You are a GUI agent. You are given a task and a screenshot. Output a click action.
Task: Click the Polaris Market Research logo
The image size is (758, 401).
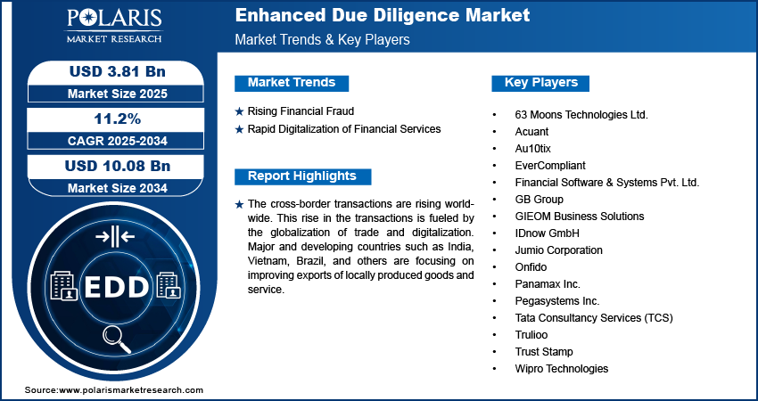(x=114, y=25)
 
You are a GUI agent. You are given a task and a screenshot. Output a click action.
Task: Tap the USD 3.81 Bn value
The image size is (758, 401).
(x=118, y=71)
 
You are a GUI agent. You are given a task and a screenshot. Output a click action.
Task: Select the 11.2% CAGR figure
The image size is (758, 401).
(x=116, y=119)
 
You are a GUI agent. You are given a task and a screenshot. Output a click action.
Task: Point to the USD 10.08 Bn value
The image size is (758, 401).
(x=118, y=166)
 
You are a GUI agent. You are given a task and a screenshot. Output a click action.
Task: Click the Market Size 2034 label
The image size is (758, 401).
(x=118, y=187)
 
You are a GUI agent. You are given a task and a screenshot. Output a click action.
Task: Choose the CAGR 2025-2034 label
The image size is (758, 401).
(x=118, y=141)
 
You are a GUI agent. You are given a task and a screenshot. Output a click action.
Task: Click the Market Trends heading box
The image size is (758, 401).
(x=292, y=83)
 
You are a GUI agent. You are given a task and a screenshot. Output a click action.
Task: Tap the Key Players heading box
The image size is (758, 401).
(x=540, y=83)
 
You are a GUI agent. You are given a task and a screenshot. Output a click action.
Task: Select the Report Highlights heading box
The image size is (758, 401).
(x=302, y=176)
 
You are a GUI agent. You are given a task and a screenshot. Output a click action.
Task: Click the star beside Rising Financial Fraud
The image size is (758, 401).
(x=239, y=112)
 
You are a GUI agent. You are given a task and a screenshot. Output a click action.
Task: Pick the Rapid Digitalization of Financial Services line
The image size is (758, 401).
(x=344, y=129)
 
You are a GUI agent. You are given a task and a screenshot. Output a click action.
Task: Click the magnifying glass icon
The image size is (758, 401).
(x=117, y=339)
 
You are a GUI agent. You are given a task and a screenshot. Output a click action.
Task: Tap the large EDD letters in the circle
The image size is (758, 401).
(x=117, y=288)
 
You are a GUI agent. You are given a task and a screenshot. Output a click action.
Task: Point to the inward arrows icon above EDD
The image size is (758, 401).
(x=115, y=237)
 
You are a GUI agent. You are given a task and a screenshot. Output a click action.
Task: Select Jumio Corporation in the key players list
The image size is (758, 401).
(x=559, y=250)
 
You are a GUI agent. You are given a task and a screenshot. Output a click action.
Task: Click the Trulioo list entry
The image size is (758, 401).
(x=531, y=335)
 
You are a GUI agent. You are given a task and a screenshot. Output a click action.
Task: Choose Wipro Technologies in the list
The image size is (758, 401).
(x=562, y=369)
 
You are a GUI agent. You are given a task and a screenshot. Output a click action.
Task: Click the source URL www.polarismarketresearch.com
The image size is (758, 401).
(x=131, y=390)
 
